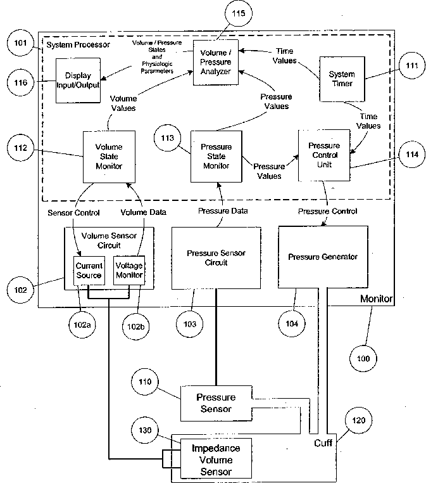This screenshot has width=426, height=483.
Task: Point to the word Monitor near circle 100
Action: point(377,299)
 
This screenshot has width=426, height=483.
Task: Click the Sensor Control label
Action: point(73,212)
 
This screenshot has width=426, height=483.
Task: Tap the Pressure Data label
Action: point(223,210)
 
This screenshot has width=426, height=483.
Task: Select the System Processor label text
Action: point(78,44)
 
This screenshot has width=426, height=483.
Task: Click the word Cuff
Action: point(323,443)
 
